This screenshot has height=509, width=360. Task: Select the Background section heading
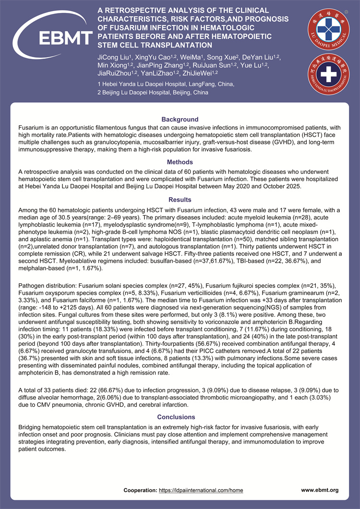tap(180, 119)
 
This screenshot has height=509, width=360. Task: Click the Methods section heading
tap(180, 162)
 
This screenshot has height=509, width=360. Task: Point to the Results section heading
tap(180, 199)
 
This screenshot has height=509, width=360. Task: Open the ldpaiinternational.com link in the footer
tap(201, 490)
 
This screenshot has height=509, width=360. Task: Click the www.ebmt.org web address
tap(320, 490)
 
